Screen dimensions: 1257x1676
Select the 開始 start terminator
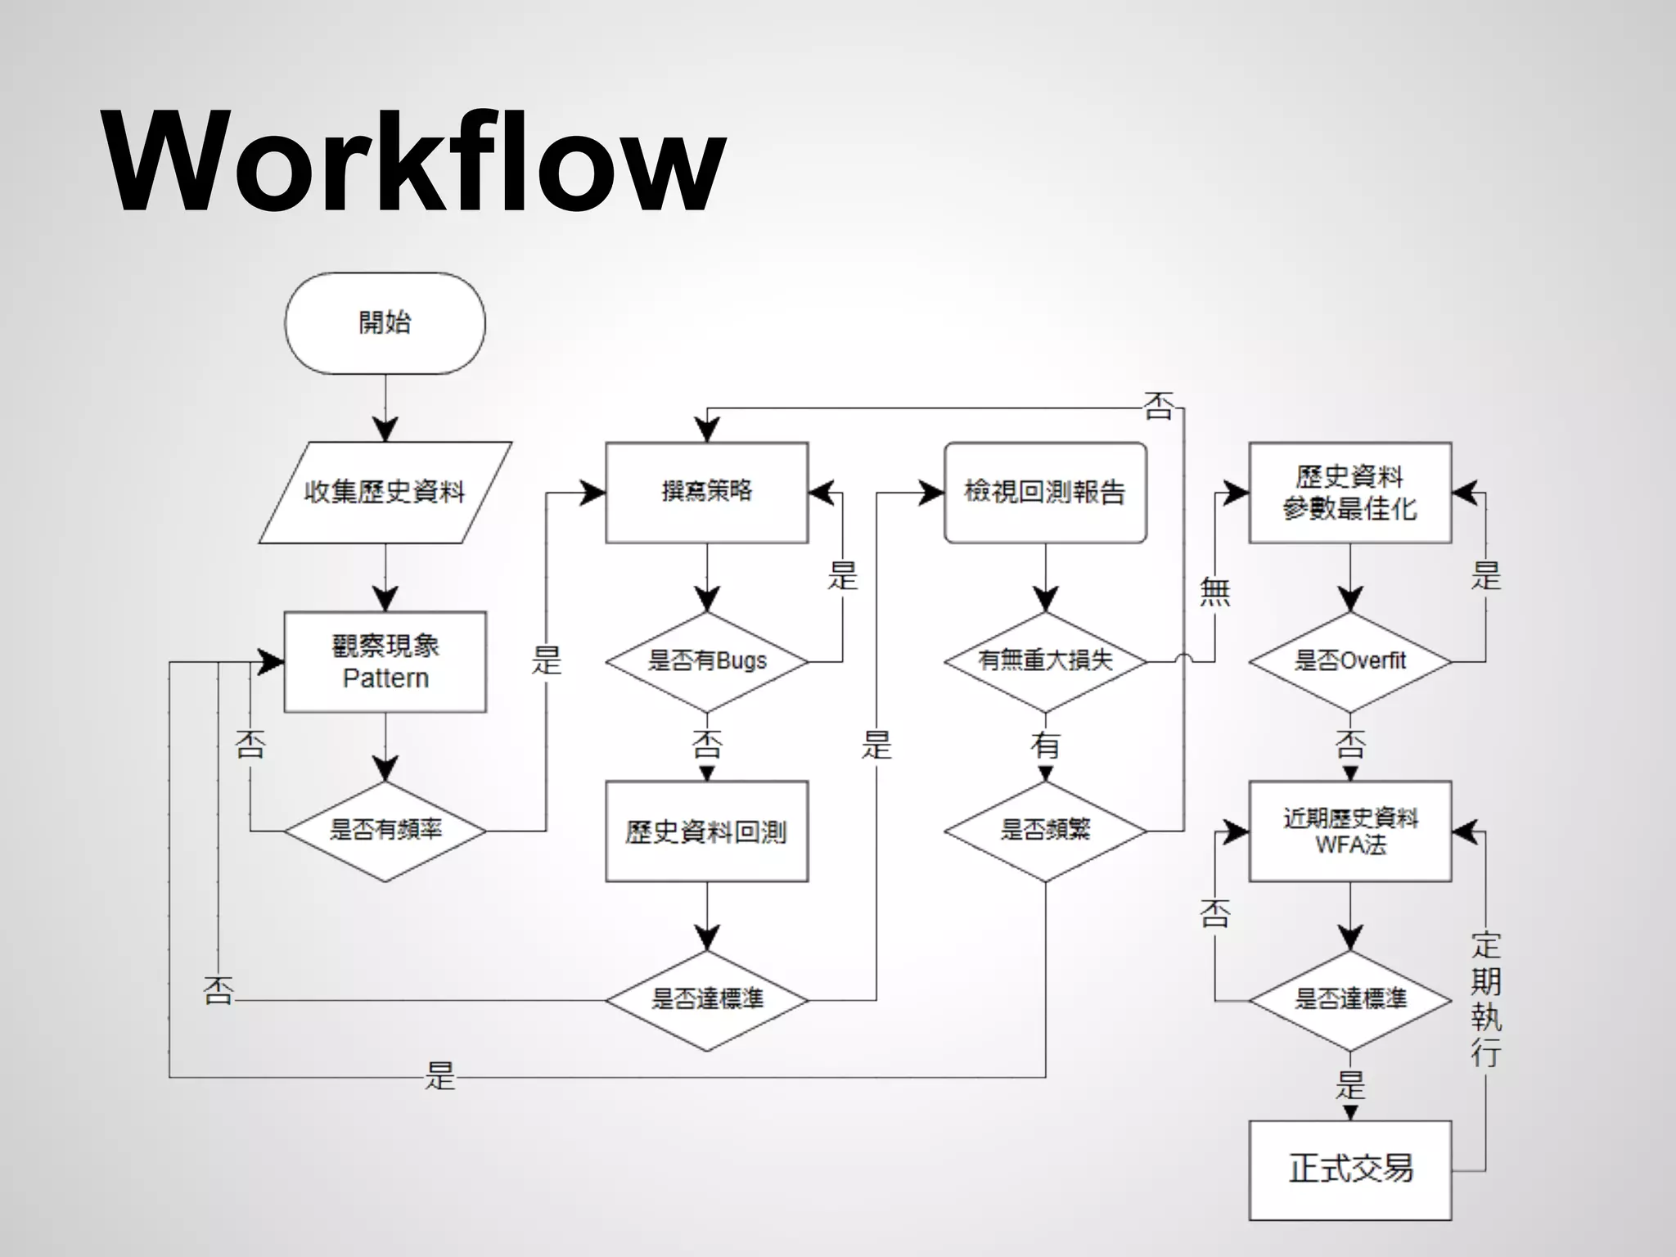(x=385, y=323)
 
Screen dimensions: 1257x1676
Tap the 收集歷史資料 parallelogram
(x=385, y=493)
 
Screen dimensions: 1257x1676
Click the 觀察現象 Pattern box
(x=385, y=661)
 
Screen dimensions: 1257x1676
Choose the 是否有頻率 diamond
(x=385, y=831)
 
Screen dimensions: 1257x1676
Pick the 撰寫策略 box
(x=706, y=493)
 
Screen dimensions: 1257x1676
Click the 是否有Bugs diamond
(x=706, y=661)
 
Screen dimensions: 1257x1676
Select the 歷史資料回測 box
(x=706, y=831)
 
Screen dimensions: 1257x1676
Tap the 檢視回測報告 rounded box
(x=1045, y=493)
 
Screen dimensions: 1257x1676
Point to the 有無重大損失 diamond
(x=1045, y=661)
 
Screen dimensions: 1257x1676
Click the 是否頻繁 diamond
(x=1045, y=831)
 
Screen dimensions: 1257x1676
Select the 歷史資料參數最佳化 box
(x=1349, y=493)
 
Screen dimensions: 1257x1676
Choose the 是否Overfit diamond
(x=1349, y=661)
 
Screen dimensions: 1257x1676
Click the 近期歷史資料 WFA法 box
(x=1349, y=831)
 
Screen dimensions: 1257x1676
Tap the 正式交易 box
(x=1349, y=1169)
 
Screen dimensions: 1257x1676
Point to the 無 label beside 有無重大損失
(x=1214, y=591)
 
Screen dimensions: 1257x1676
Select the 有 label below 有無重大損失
(x=1045, y=745)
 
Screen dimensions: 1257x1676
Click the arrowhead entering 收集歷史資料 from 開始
(x=385, y=430)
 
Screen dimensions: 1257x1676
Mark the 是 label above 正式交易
(x=1350, y=1085)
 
